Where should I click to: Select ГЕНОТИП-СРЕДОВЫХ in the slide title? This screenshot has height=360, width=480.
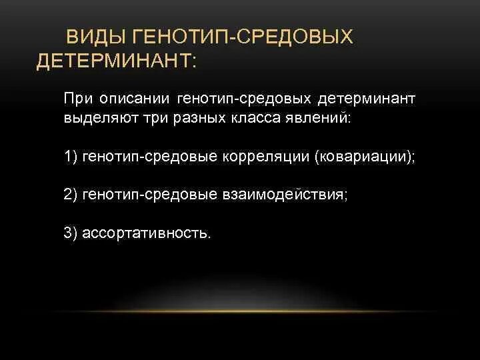243,37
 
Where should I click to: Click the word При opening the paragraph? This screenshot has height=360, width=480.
79,99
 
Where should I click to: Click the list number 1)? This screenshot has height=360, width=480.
71,157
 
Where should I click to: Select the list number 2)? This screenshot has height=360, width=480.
71,195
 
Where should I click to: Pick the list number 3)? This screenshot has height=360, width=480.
71,233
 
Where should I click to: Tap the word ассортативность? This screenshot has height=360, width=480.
147,233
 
